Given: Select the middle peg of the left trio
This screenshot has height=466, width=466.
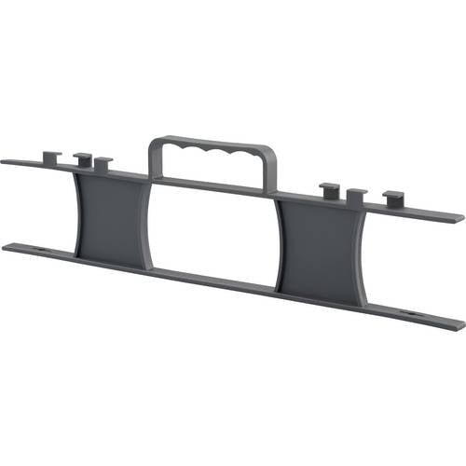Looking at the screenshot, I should click(x=82, y=158).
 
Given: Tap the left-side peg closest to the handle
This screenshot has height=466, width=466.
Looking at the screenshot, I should click(x=103, y=163).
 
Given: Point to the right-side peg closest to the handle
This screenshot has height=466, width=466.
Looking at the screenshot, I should click(x=329, y=191).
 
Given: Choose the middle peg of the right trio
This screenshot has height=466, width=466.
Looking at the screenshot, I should click(x=356, y=197).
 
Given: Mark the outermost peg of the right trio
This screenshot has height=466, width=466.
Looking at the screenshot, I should click(x=394, y=198).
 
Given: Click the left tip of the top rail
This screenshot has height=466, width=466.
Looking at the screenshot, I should click(x=5, y=161).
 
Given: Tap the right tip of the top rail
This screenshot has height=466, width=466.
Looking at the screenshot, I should click(x=459, y=218).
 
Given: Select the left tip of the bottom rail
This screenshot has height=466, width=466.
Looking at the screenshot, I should click(x=7, y=246).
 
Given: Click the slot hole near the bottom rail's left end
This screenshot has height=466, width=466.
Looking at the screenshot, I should click(x=44, y=250).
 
